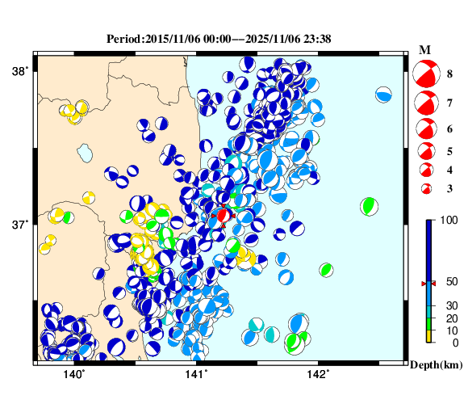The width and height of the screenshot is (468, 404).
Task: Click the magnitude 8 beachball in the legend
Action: [424, 74]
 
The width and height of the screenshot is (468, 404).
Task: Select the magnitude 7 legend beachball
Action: [424, 103]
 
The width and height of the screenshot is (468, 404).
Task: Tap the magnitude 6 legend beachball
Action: [424, 128]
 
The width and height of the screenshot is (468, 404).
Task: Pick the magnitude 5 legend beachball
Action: [424, 150]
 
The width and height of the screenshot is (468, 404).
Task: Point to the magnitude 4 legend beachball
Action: [424, 170]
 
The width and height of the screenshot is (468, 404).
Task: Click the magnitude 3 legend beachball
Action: [424, 188]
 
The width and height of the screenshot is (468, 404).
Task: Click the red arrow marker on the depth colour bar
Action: [429, 284]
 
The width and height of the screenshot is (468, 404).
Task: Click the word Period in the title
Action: [123, 39]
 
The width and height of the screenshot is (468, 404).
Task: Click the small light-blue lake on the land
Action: [84, 152]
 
